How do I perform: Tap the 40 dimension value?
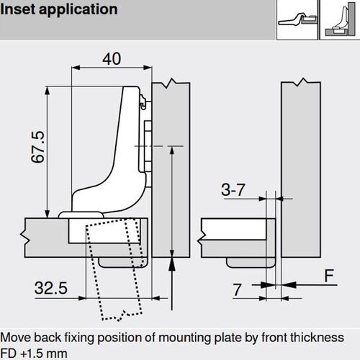112,60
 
